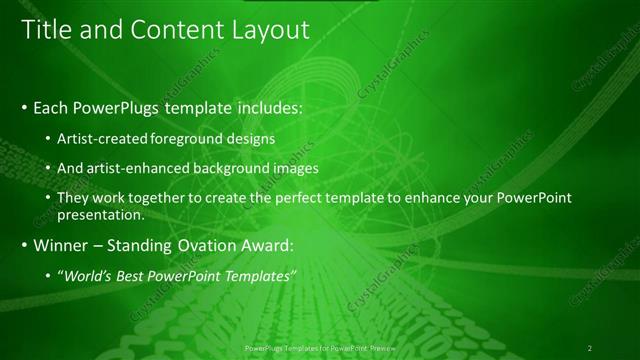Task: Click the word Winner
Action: coord(62,244)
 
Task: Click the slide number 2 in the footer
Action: coord(590,347)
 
